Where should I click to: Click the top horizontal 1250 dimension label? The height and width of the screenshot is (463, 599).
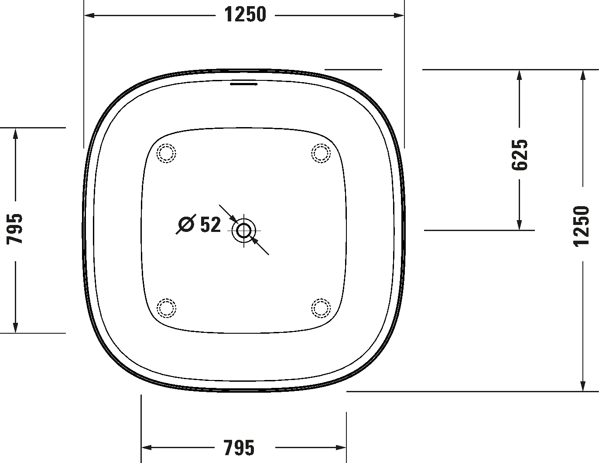point(245,15)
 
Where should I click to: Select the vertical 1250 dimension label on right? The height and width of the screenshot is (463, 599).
point(581,226)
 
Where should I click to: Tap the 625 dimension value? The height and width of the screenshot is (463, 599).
point(519,155)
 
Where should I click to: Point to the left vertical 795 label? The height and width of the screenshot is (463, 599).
point(14,228)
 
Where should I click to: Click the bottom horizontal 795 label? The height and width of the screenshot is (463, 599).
point(239,448)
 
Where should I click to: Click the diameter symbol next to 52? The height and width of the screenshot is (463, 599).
point(186,224)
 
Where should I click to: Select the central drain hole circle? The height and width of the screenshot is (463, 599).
point(244,230)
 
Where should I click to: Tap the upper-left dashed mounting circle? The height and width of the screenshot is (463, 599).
point(166,153)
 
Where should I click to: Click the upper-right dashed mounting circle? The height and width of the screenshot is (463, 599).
point(321,153)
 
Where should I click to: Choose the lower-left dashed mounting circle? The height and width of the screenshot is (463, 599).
point(166,308)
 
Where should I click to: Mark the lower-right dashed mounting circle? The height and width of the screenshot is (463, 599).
point(321,308)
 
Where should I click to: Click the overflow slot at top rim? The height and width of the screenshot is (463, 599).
point(244,84)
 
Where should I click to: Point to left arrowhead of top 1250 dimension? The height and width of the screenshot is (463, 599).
point(89,15)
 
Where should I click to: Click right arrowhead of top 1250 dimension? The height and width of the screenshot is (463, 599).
point(399,15)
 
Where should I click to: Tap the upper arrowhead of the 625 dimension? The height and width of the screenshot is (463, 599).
point(519,75)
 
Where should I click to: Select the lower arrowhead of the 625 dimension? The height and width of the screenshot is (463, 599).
point(519,225)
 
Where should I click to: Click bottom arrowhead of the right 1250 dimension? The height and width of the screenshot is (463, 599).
point(582,386)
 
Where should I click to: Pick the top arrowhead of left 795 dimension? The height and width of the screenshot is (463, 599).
point(15,134)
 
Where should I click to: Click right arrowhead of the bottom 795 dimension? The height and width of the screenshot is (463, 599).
point(341,448)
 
